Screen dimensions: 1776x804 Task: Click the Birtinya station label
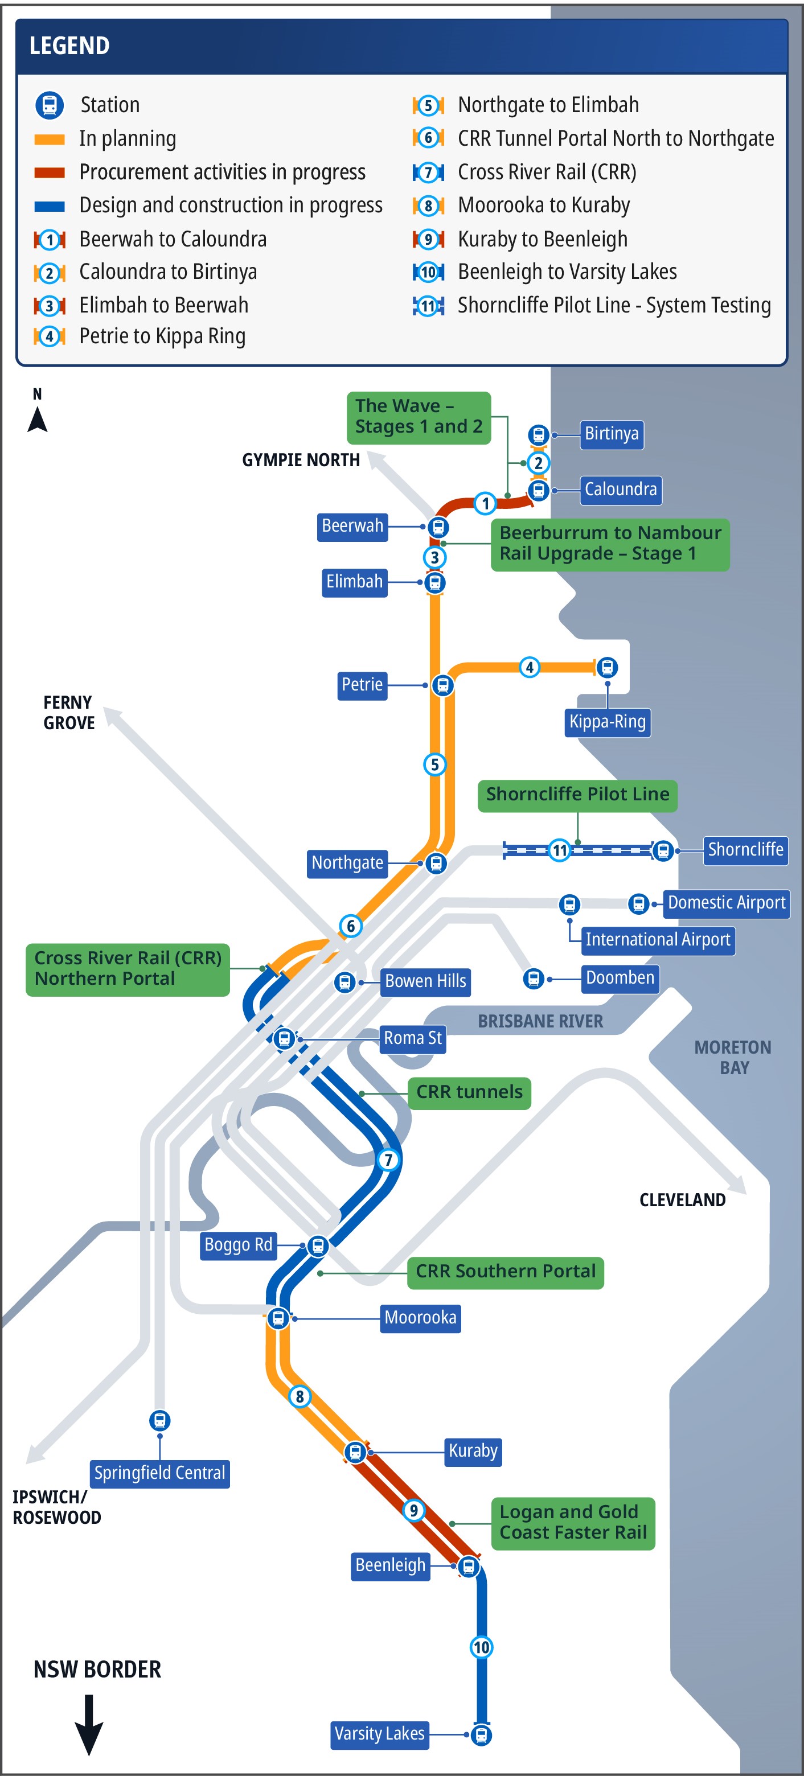[x=612, y=434]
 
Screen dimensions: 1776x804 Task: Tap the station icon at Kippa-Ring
[x=607, y=667]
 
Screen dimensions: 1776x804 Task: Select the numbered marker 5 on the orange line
[x=434, y=764]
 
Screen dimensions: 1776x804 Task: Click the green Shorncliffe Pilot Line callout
[x=577, y=795]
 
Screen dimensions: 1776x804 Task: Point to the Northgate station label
[x=347, y=863]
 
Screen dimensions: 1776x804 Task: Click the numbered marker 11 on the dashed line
[x=559, y=850]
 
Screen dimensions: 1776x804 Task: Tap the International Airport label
[x=658, y=940]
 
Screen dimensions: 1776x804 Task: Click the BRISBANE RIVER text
[x=540, y=1021]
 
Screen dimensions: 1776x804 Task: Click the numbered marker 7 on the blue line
[x=388, y=1160]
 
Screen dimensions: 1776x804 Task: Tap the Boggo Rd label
[x=238, y=1245]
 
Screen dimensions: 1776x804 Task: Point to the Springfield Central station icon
[x=160, y=1420]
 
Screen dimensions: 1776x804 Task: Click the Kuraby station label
[x=473, y=1450]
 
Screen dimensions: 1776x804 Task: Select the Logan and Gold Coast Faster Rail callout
[x=572, y=1522]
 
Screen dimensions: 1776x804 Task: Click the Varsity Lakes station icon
[x=481, y=1734]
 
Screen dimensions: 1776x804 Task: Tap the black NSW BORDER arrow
[x=89, y=1724]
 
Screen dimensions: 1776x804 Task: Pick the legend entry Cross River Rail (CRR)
[x=546, y=172]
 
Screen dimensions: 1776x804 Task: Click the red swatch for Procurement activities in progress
[x=50, y=172]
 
